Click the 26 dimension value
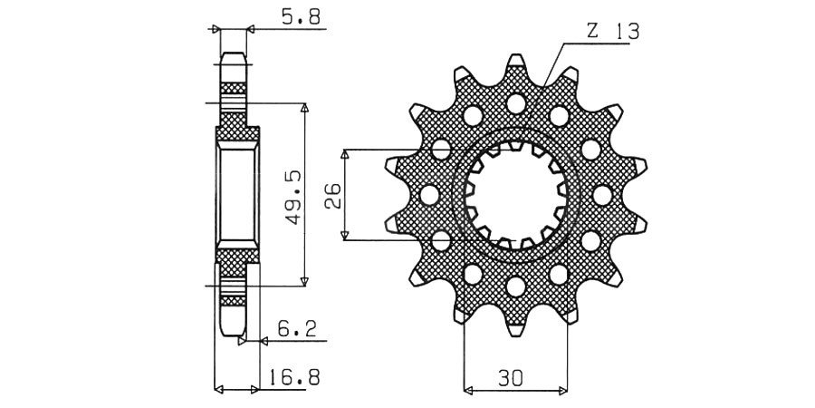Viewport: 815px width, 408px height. pyautogui.click(x=332, y=195)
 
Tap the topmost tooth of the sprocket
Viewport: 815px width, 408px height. pyautogui.click(x=515, y=65)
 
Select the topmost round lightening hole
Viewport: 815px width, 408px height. pyautogui.click(x=515, y=103)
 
